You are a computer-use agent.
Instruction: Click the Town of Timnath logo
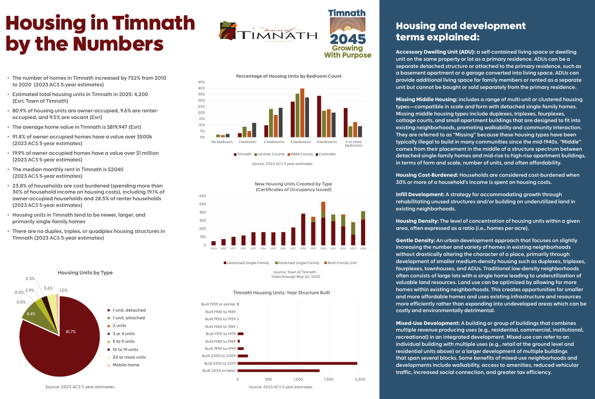[x=268, y=34]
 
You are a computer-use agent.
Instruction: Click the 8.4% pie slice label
[x=31, y=313]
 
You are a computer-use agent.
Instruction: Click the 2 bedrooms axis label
[x=273, y=142]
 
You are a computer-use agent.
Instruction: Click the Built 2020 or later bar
[x=278, y=370]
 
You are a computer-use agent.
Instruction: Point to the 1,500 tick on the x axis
[x=328, y=380]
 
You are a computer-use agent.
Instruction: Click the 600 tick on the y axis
[x=202, y=196]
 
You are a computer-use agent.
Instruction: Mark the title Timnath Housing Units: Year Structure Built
[x=281, y=293]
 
